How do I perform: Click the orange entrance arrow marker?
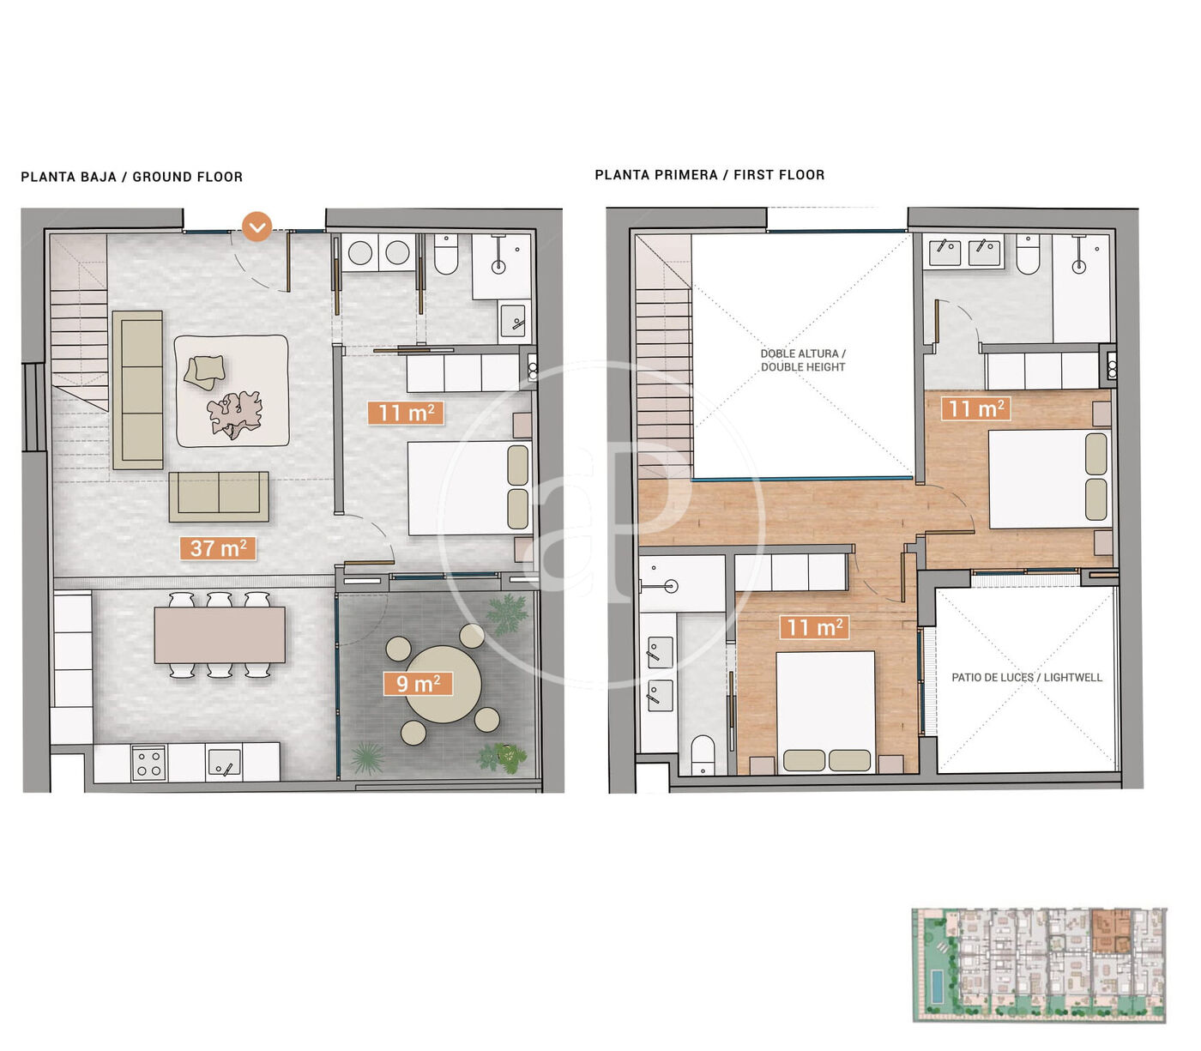click(x=256, y=226)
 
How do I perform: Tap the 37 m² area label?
click(x=218, y=548)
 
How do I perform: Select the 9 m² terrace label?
click(x=418, y=684)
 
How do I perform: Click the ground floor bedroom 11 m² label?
click(x=406, y=413)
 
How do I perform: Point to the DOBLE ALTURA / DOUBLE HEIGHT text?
click(x=803, y=360)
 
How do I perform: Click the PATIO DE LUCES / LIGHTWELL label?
click(x=1027, y=677)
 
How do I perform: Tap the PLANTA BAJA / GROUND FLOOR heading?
click(x=131, y=177)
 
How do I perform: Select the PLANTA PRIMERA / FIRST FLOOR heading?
click(x=709, y=174)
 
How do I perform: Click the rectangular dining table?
click(x=220, y=635)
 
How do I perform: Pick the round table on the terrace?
click(x=444, y=684)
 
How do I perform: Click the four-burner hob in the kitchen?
click(x=148, y=763)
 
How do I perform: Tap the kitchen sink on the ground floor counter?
click(x=223, y=763)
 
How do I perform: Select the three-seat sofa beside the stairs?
click(x=137, y=390)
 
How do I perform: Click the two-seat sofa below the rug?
click(x=219, y=496)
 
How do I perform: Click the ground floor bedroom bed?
click(x=469, y=488)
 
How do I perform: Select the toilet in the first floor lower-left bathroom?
click(x=703, y=755)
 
